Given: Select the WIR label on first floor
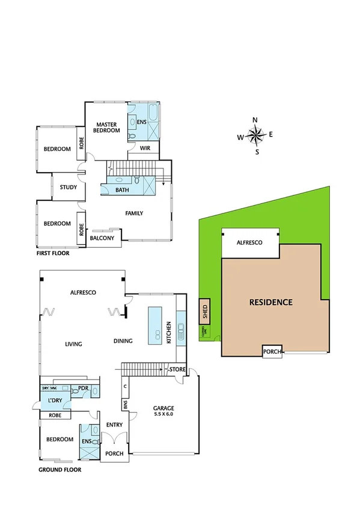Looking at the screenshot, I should click(145, 148).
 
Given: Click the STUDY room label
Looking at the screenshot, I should click(69, 187).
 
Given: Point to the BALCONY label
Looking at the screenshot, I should click(102, 238).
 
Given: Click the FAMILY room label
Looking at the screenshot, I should click(134, 213).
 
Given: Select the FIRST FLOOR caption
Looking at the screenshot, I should click(53, 254).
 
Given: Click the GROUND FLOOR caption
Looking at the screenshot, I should click(59, 470).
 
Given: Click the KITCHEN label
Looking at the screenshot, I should click(169, 333).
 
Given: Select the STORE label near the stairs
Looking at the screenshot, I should click(177, 369).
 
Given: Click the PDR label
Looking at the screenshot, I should click(84, 389).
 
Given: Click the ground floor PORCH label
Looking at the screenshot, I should click(114, 453).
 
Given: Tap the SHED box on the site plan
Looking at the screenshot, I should click(205, 312).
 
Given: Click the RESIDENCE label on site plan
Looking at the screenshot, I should click(270, 302).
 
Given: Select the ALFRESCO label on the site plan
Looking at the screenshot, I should click(249, 242).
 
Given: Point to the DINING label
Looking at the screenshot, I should click(123, 341).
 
